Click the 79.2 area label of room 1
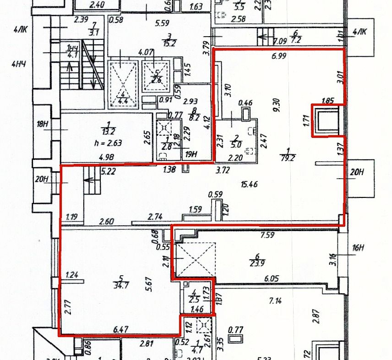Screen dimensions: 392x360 (288, 158)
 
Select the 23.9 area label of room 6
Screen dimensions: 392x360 (259, 263)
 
